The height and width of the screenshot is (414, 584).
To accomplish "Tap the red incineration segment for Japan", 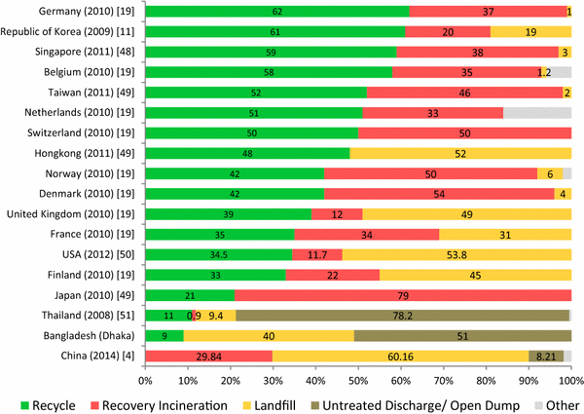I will tap(403, 295).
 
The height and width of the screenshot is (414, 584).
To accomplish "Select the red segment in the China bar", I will tap(208, 357).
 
